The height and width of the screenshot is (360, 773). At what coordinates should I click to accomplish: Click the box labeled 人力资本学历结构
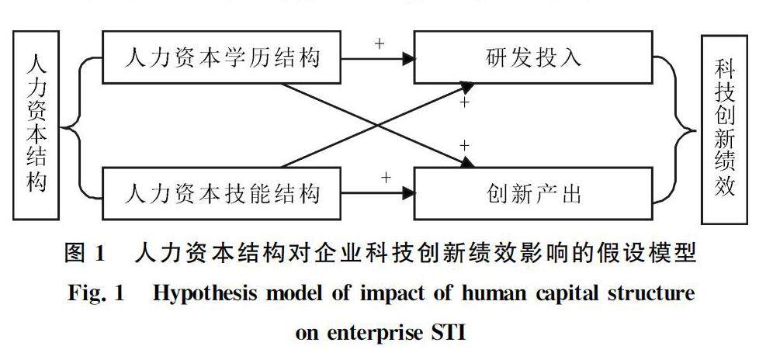[x=222, y=58]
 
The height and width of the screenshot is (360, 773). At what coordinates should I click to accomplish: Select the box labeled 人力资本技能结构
[x=222, y=192]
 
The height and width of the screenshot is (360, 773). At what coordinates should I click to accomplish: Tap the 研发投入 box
[x=532, y=58]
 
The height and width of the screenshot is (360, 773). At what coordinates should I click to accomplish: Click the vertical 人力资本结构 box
[x=36, y=124]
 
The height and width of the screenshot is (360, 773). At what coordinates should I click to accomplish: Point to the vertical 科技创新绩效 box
[x=724, y=124]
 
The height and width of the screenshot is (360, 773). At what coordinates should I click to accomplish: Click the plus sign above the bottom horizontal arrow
[x=386, y=178]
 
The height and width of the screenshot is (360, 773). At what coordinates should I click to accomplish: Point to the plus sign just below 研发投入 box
[x=465, y=102]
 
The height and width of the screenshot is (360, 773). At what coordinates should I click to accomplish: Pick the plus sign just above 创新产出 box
[x=465, y=145]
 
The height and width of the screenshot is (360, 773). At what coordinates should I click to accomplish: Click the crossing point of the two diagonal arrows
[x=378, y=125]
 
